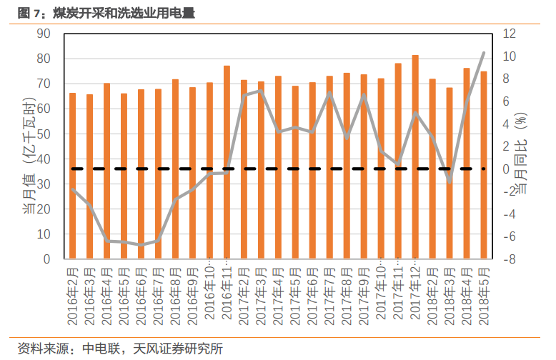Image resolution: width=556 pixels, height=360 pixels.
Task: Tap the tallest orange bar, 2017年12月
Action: tap(415, 157)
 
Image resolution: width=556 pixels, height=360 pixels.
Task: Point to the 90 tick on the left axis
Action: tap(43, 34)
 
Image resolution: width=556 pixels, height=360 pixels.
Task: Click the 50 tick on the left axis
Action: tap(43, 134)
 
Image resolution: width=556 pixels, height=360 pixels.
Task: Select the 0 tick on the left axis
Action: tap(46, 259)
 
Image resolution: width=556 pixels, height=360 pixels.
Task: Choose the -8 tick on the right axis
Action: tap(509, 259)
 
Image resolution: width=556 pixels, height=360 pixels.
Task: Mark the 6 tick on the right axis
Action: tap(512, 101)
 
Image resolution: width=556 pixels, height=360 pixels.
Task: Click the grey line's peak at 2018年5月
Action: tap(484, 53)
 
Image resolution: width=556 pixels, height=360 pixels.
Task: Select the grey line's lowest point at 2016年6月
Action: tap(141, 245)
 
